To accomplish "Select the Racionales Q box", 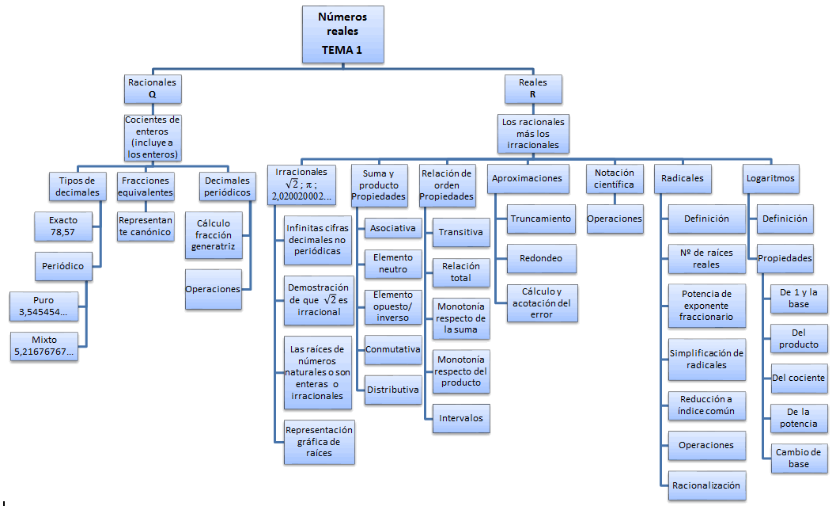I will coord(152,87).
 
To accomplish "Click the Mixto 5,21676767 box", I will coord(45,346).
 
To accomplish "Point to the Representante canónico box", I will coord(146,226).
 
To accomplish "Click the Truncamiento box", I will coord(540,219).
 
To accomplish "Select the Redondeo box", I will coord(540,258).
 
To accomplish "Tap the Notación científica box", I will coord(614,178).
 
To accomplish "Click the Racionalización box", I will coord(706,485).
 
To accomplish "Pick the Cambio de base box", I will coord(798,457).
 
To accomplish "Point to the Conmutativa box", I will coord(392,349).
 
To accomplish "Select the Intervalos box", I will coord(461,417).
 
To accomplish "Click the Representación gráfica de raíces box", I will coord(320,441).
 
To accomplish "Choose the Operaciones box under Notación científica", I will coord(615,219).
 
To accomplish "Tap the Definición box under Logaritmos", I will coord(785,219).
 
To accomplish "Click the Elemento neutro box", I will coord(392,264).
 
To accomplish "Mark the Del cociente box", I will coord(798,377).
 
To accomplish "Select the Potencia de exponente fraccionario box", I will coord(706,305).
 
